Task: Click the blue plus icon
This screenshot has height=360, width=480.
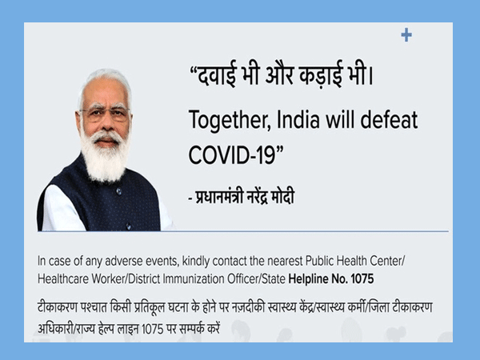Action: pos(406,35)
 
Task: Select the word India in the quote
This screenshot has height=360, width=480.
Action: pos(298,119)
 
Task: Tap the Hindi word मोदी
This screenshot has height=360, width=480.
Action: pos(283,197)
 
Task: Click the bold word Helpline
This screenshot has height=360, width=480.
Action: pos(308,279)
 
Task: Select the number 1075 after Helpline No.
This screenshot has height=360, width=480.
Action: pos(362,279)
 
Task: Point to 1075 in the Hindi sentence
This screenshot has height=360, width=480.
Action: pos(153,330)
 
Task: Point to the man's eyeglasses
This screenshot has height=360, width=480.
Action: pos(105,114)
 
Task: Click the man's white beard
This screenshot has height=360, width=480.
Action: pos(104,156)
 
